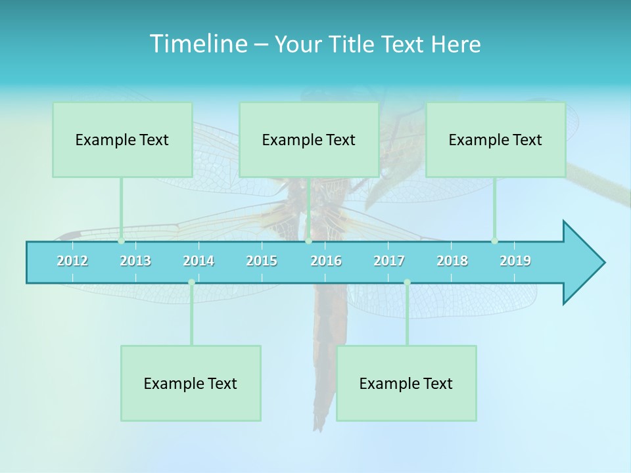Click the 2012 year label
[72, 261]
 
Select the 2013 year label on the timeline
[135, 261]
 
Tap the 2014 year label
[199, 261]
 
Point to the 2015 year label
[262, 261]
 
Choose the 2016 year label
[326, 261]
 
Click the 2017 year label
[389, 261]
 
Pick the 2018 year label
[452, 261]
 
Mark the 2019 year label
[515, 261]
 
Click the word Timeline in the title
[197, 44]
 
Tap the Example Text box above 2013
[122, 139]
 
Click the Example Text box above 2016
[309, 139]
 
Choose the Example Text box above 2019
[496, 139]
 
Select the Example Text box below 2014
[191, 383]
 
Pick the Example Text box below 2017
[406, 383]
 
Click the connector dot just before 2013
[121, 240]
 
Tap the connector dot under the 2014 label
[191, 282]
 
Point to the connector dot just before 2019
[494, 240]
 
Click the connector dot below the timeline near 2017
[407, 282]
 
